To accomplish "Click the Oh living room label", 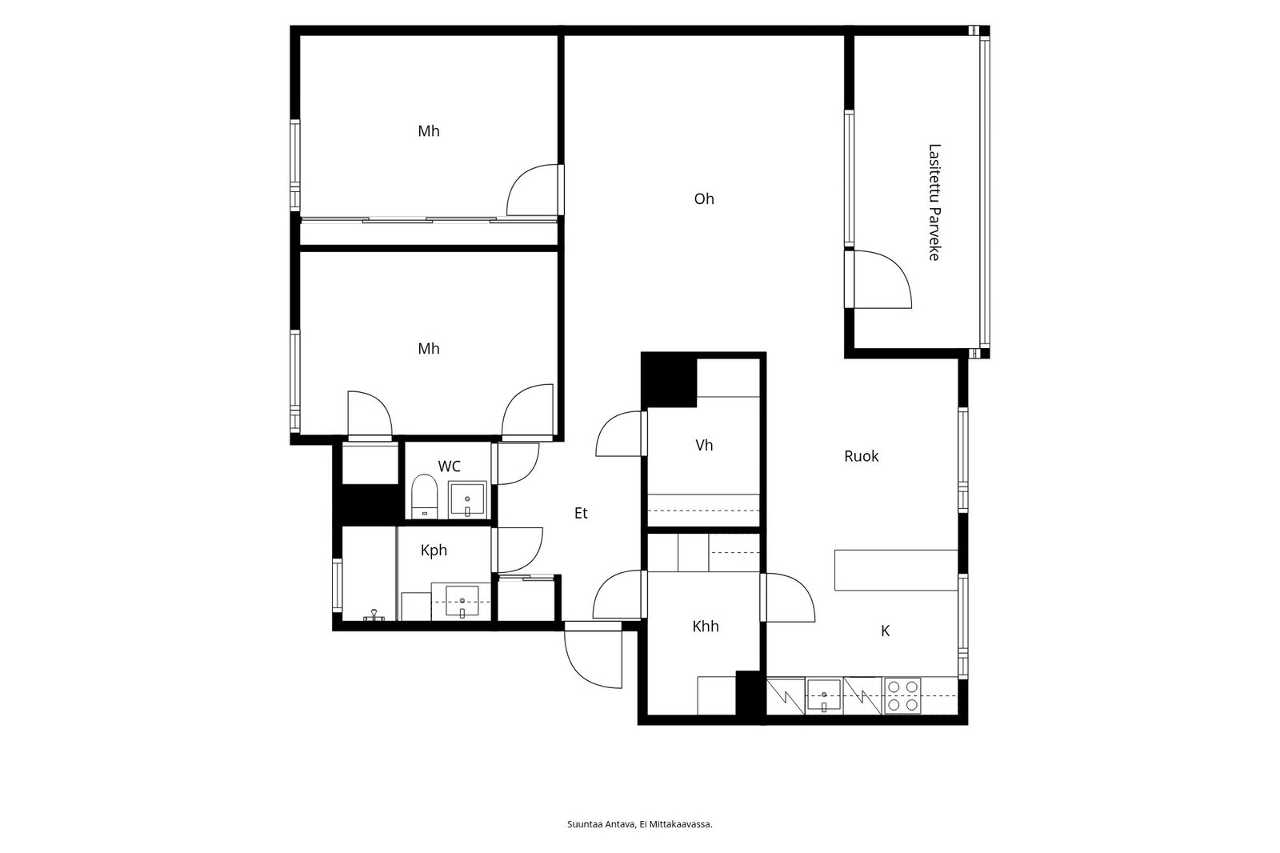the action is [x=704, y=199].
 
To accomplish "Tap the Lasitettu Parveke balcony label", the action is [x=934, y=202].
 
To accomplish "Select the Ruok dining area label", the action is [x=861, y=456].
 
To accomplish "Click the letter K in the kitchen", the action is [x=885, y=631].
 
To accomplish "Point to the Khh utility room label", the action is [x=705, y=627].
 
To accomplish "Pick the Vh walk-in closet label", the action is [x=704, y=446].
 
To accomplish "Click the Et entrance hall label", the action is [x=581, y=514].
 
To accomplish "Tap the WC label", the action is [x=449, y=467].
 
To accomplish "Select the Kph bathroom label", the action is [x=434, y=551].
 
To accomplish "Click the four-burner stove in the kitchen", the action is [x=903, y=696].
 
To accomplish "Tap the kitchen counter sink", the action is [x=823, y=695].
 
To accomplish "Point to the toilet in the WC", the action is [x=424, y=496].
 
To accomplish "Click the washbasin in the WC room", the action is [x=467, y=499].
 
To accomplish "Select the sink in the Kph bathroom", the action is [x=462, y=602].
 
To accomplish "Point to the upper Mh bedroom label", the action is [x=429, y=131].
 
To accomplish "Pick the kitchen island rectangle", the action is [x=896, y=570].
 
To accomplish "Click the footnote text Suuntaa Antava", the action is [x=601, y=824].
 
